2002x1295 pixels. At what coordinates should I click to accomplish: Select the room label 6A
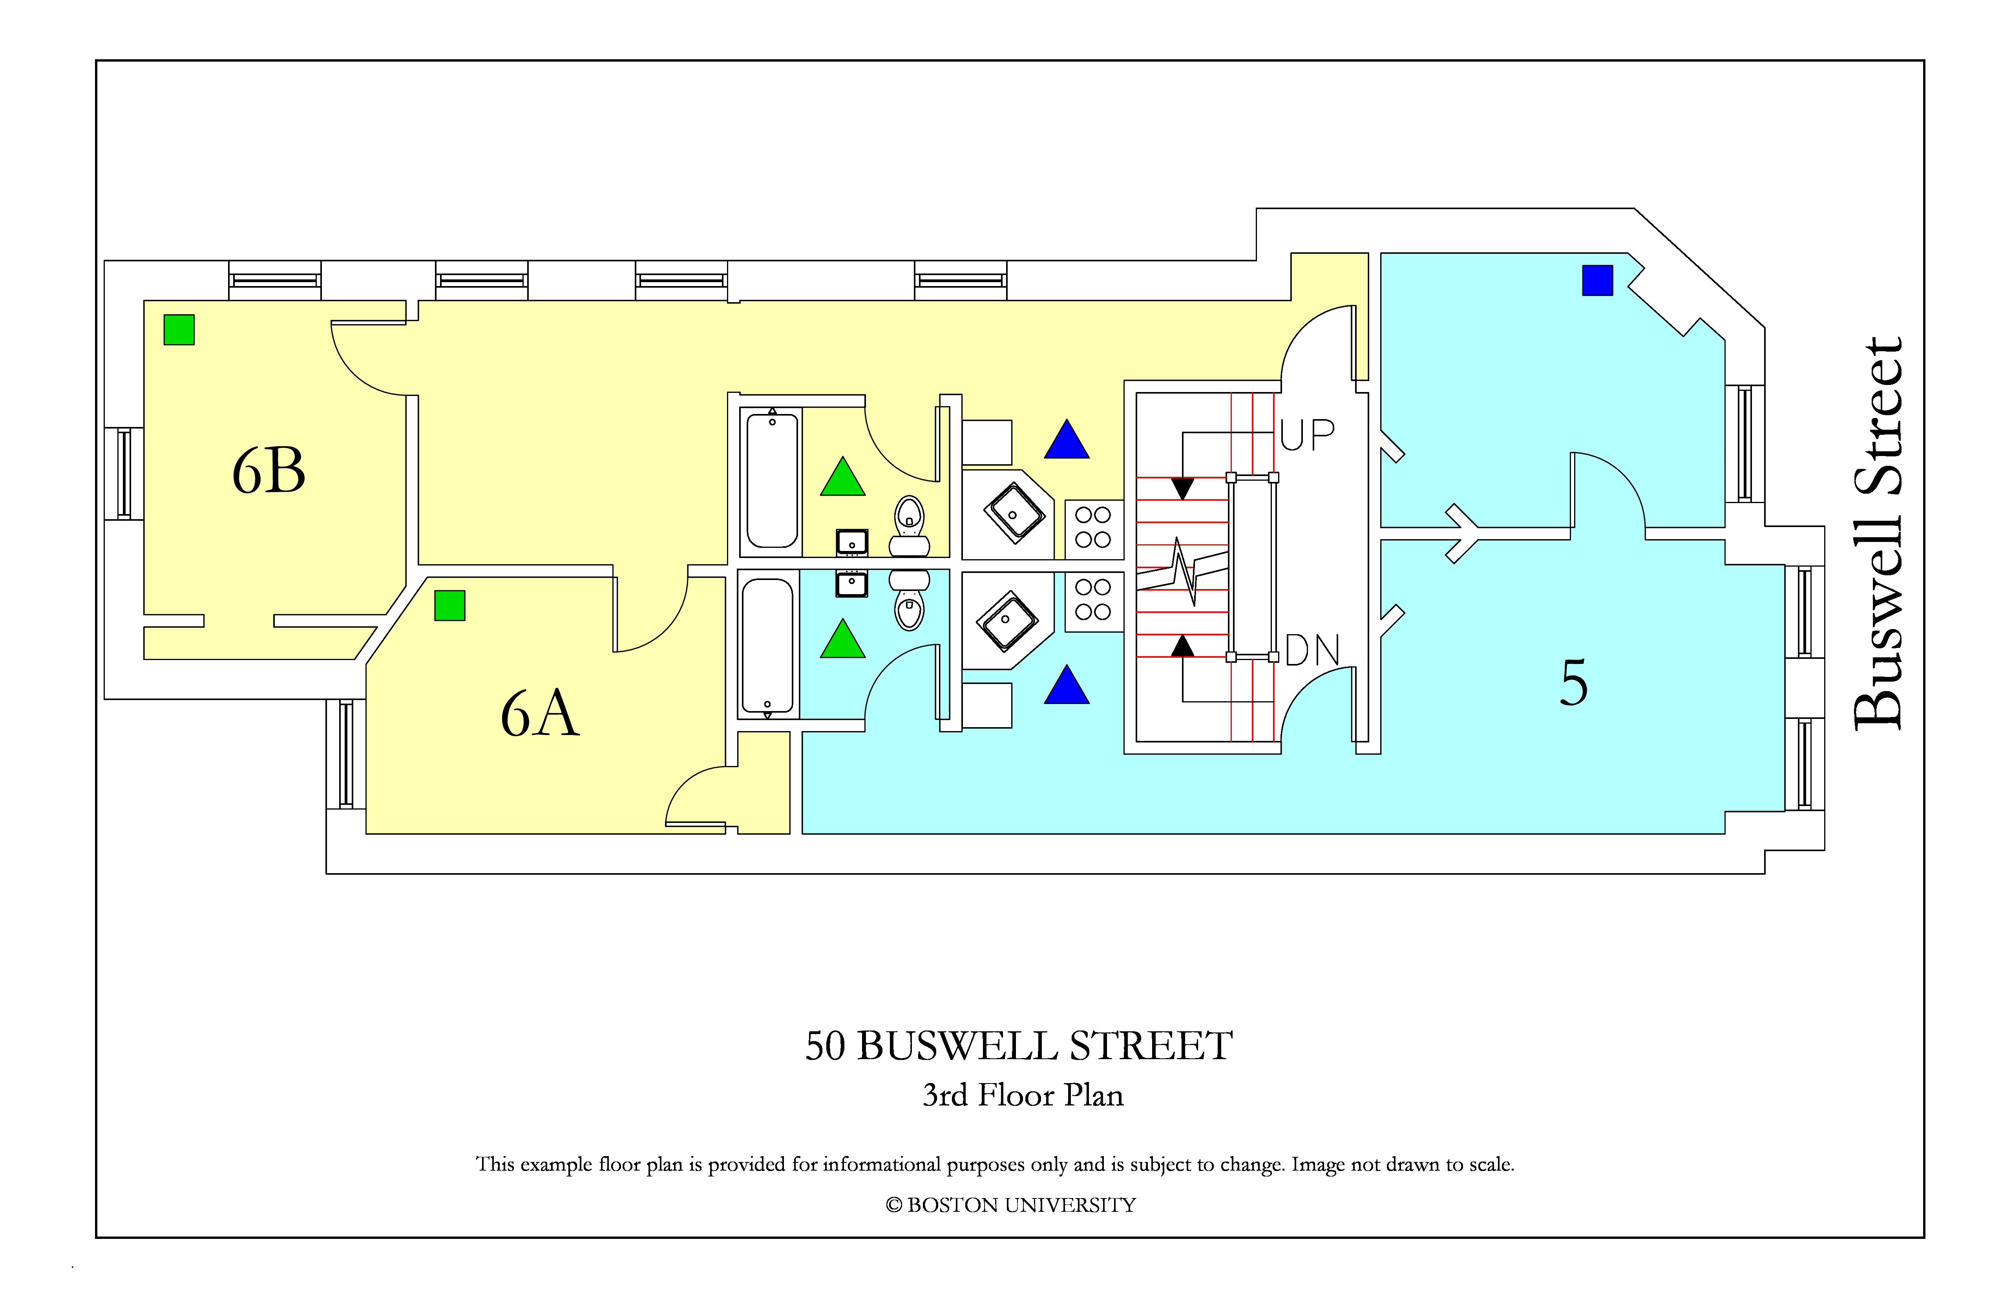(540, 713)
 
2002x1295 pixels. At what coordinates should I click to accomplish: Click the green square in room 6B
(179, 330)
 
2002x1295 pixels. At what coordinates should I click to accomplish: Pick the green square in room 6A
(450, 606)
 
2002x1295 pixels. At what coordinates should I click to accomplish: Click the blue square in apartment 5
(1597, 280)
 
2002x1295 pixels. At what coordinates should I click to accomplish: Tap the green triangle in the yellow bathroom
(843, 477)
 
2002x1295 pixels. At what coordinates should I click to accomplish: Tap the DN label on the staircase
(1312, 650)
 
